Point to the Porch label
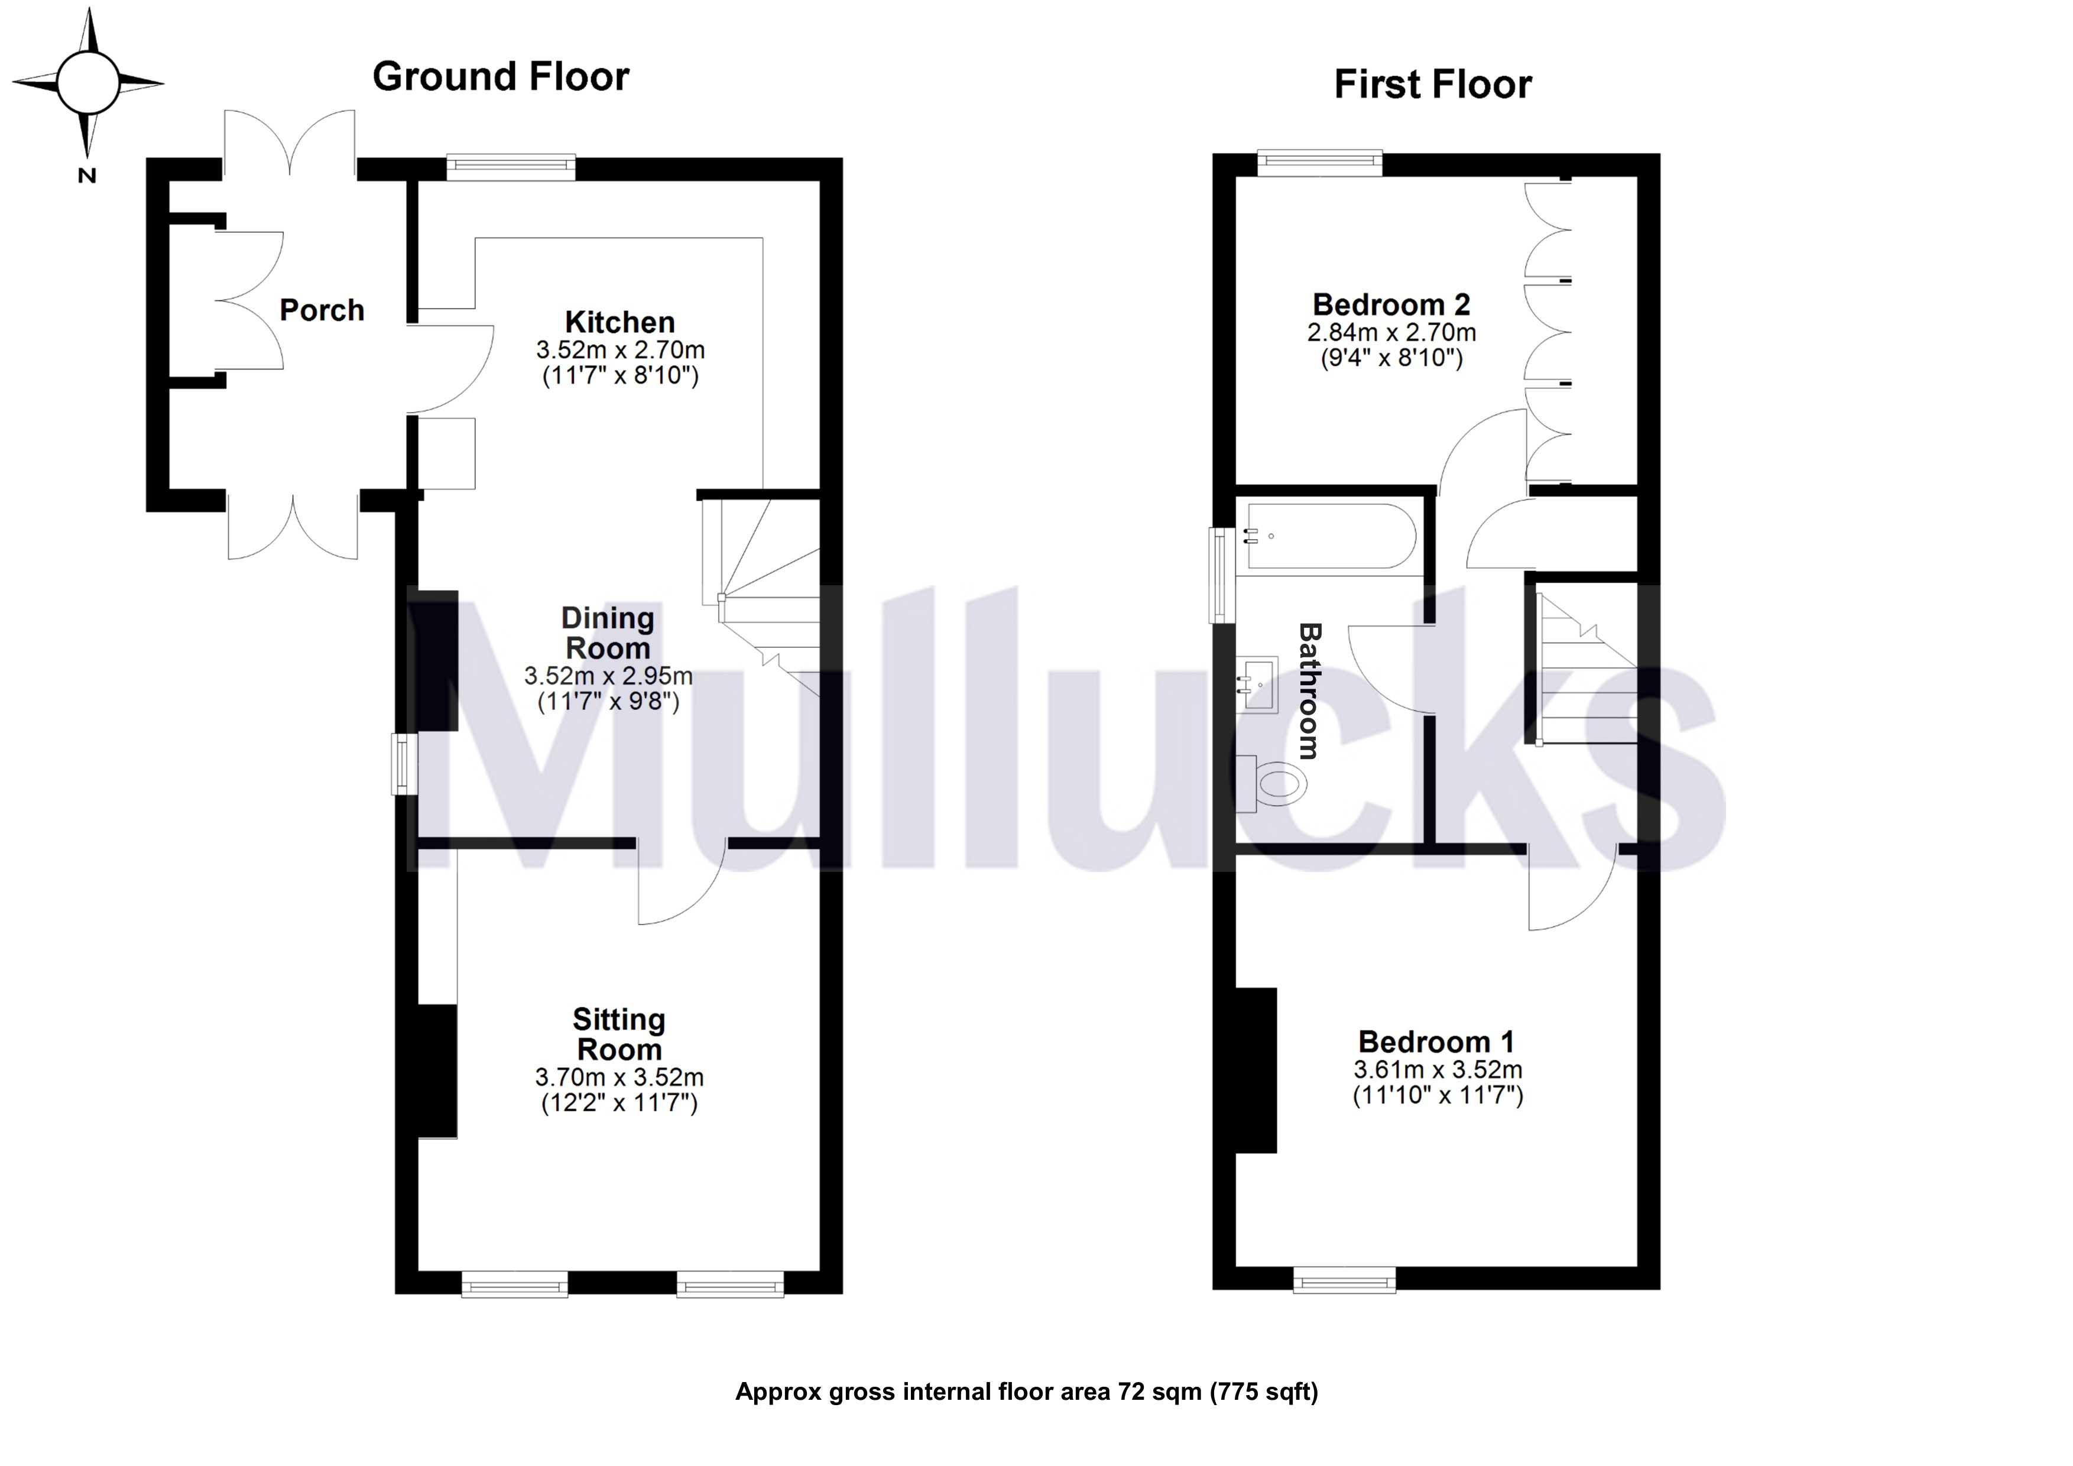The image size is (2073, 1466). point(322,310)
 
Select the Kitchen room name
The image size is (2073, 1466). point(620,322)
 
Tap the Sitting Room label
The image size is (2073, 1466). point(619,1034)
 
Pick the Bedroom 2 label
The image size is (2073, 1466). point(1391,304)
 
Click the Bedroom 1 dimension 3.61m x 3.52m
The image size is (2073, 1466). point(1438,1070)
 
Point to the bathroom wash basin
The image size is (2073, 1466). point(1258,685)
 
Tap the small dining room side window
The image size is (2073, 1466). point(404,764)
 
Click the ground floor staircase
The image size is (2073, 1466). point(760,596)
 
